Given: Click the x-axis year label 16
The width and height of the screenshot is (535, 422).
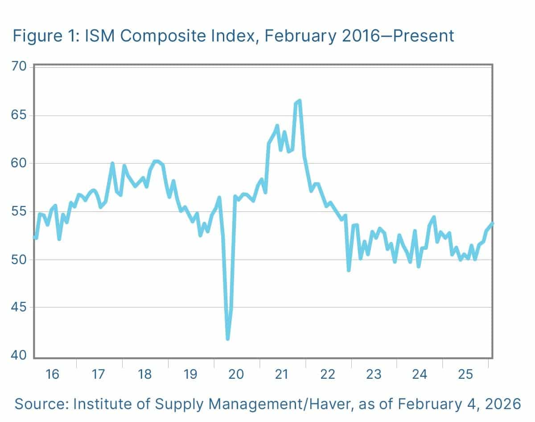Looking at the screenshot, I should (x=53, y=374).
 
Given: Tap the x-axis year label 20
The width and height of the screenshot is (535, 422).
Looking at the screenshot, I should (x=236, y=374).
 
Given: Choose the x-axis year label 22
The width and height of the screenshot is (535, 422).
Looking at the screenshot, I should (x=328, y=374).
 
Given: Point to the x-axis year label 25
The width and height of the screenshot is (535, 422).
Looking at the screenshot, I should (x=465, y=374).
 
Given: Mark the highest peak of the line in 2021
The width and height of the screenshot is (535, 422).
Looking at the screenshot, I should (x=300, y=101).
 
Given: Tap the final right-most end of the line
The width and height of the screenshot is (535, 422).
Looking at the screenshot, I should (x=492, y=223).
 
